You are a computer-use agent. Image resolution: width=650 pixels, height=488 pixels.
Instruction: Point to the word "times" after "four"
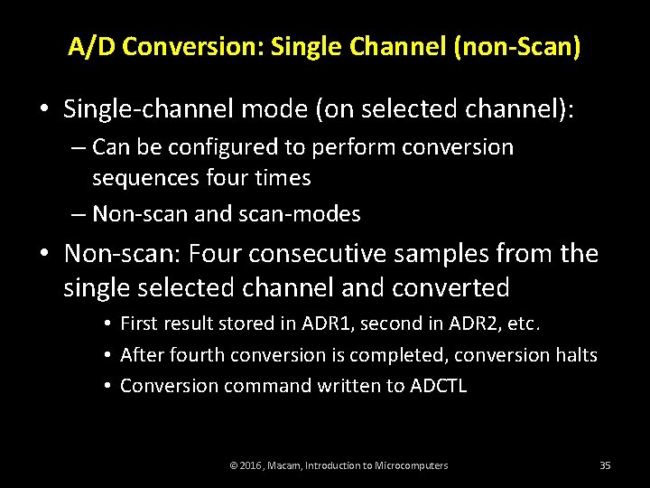pyautogui.click(x=282, y=178)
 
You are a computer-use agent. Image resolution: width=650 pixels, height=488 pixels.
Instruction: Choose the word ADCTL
pyautogui.click(x=439, y=386)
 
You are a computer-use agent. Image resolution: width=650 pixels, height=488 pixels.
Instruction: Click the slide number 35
pyautogui.click(x=605, y=465)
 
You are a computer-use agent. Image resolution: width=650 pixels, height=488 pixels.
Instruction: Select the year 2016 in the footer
pyautogui.click(x=251, y=465)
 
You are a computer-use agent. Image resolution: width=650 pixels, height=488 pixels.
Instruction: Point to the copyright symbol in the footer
pyautogui.click(x=234, y=465)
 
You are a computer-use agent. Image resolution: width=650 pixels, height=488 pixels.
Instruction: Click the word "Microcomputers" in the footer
pyautogui.click(x=405, y=465)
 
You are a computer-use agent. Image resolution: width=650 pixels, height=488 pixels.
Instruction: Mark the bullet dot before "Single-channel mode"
pyautogui.click(x=43, y=110)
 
